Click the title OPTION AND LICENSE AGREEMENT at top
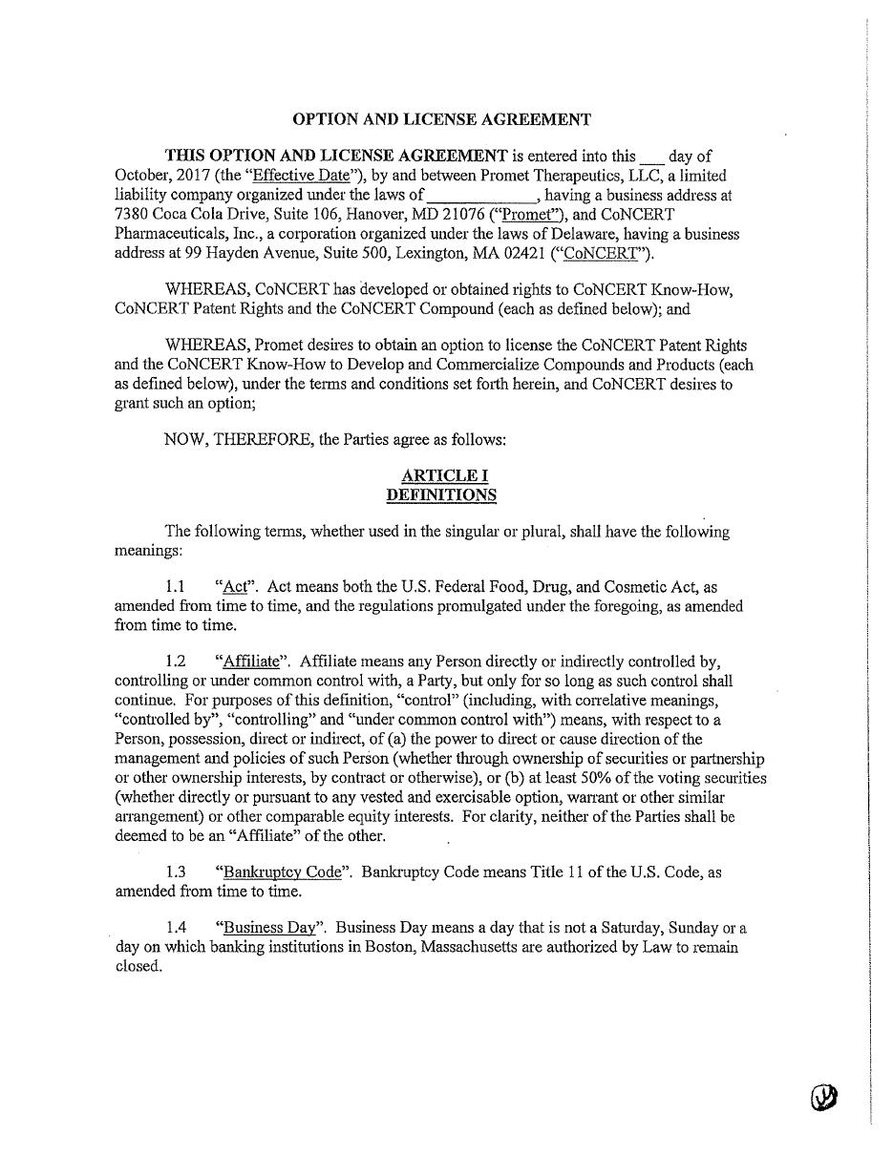[x=441, y=119]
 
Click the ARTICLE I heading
[x=441, y=475]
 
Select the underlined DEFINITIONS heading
[x=441, y=495]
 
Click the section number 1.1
[x=175, y=587]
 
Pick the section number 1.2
[x=175, y=661]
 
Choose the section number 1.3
[x=175, y=872]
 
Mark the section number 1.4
[x=175, y=928]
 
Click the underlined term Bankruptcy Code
[x=282, y=872]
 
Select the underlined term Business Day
[x=268, y=928]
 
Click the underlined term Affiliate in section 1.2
[x=251, y=661]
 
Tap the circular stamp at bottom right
[x=825, y=1099]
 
